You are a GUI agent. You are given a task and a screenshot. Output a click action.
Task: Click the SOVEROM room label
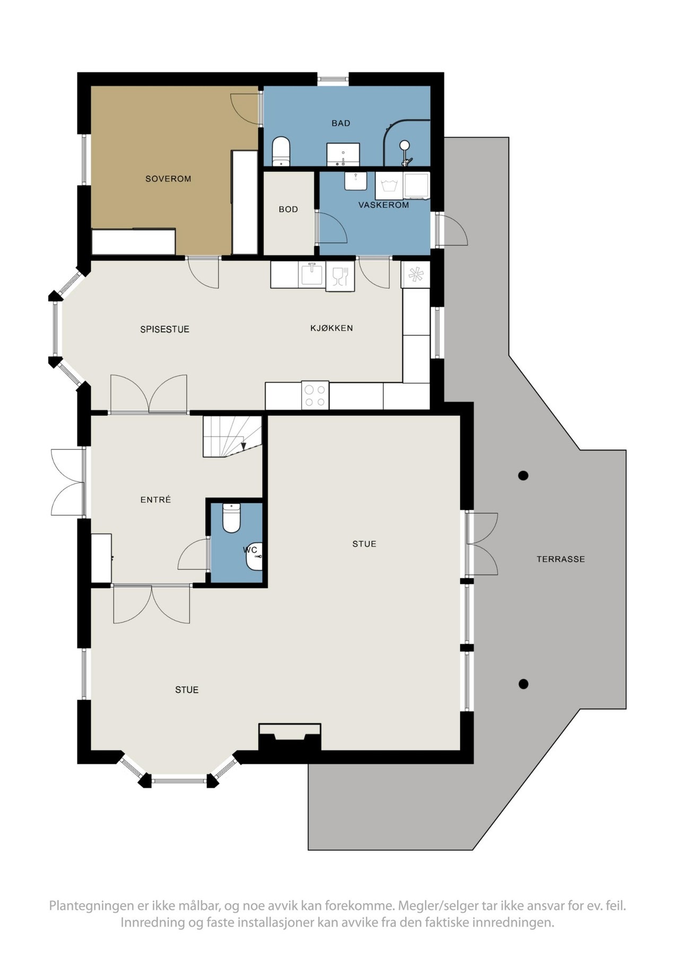(x=168, y=179)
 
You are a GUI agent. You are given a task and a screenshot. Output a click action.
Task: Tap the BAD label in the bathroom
(x=341, y=123)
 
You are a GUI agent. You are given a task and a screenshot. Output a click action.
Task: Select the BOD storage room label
(x=288, y=210)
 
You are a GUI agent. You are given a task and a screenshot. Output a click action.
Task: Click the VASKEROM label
(x=383, y=205)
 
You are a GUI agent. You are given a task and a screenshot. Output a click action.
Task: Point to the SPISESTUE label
(x=164, y=329)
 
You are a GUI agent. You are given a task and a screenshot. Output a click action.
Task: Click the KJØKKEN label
(x=331, y=328)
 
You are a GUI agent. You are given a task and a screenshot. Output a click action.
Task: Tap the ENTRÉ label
(x=155, y=500)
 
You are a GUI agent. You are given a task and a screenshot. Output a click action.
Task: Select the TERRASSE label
(x=560, y=559)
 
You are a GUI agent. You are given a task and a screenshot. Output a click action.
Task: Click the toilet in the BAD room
(x=281, y=151)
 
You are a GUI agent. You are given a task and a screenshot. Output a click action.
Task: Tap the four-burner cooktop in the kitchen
(x=315, y=396)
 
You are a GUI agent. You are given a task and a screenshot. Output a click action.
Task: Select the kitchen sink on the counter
(x=312, y=275)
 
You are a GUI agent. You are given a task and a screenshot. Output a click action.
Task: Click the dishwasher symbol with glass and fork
(x=339, y=276)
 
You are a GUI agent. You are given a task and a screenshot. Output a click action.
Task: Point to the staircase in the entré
(x=232, y=436)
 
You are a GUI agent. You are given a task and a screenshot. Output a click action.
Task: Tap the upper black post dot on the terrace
(x=523, y=475)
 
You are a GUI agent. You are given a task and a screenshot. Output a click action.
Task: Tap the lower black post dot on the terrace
(x=523, y=684)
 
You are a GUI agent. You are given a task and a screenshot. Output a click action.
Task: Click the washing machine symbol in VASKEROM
(x=389, y=185)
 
